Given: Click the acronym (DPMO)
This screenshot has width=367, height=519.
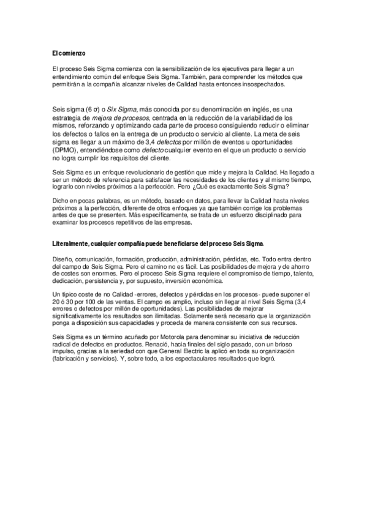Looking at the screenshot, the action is pyautogui.click(x=66, y=151).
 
